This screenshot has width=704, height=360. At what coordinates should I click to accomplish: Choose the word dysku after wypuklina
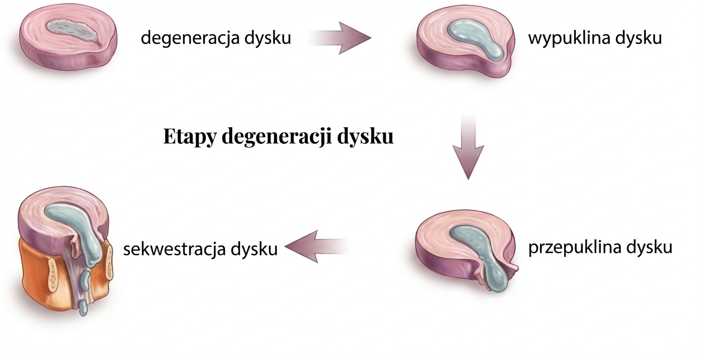point(638,38)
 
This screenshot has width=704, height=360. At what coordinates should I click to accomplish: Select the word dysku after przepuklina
point(649,247)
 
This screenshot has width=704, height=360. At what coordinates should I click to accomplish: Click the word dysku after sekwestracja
point(254,249)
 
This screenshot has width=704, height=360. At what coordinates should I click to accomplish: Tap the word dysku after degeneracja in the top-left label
point(266,38)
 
